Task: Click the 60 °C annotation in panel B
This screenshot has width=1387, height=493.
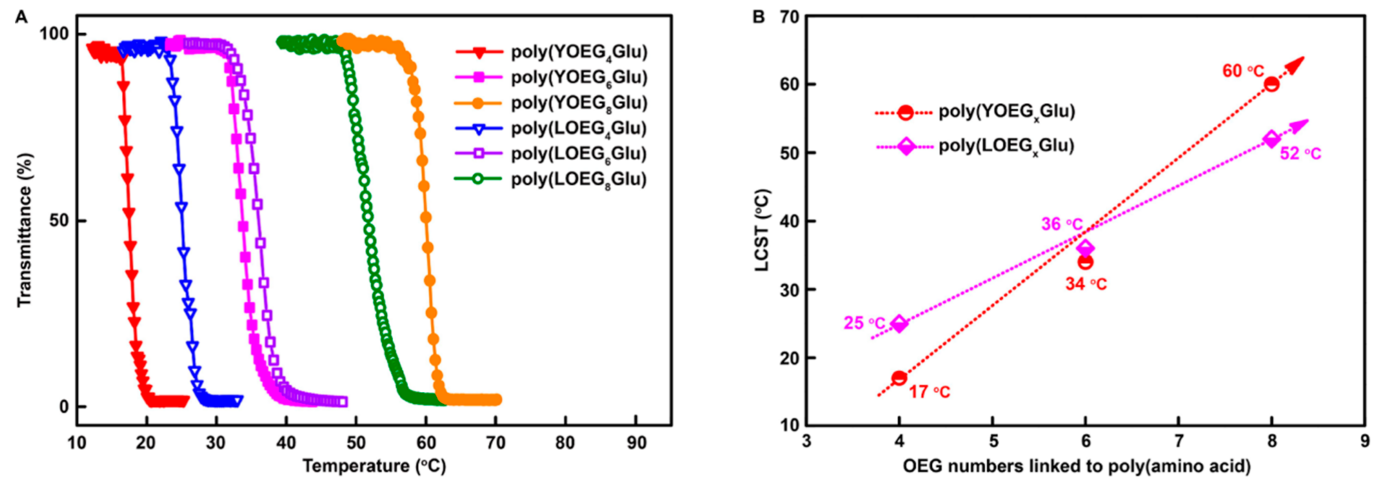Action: point(1242,70)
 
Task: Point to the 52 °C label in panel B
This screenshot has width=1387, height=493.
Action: point(1300,154)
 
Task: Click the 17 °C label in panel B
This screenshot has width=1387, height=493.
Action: point(929,392)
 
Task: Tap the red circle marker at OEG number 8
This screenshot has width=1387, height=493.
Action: point(1271,84)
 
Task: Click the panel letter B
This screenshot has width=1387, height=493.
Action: point(758,17)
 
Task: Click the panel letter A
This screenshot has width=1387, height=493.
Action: point(21,17)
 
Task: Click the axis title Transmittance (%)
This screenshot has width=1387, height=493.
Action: point(25,230)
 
